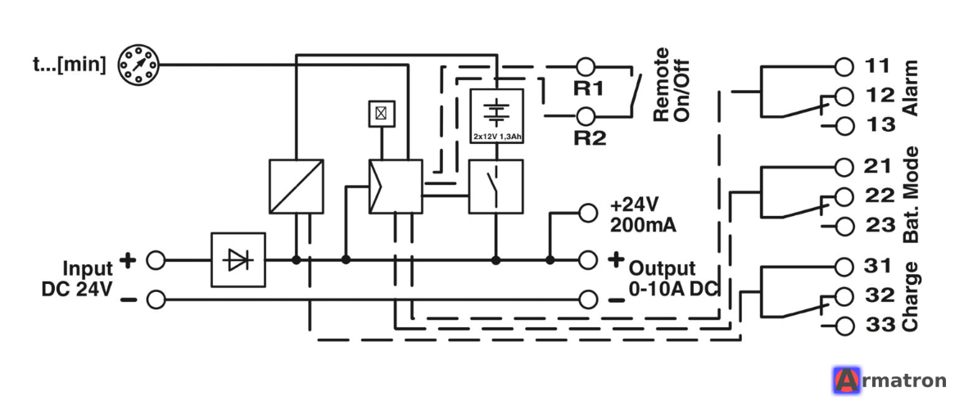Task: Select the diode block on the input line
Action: point(238,259)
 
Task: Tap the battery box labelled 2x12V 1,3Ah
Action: point(497,115)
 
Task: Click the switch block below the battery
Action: point(496,186)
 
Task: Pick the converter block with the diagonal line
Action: point(296,186)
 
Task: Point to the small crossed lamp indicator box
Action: point(382,113)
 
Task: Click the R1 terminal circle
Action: point(585,65)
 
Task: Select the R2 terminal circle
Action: point(585,115)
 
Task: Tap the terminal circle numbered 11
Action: point(844,65)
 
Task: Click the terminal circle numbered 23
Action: point(844,226)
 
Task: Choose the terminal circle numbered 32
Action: point(844,296)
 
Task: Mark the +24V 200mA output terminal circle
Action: point(587,213)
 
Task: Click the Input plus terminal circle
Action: point(156,260)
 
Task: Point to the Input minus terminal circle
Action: point(156,299)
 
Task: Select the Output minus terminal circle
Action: point(587,299)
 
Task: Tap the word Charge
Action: point(911,297)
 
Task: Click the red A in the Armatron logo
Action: point(845,381)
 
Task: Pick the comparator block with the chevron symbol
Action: point(396,186)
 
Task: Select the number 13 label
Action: point(880,124)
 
